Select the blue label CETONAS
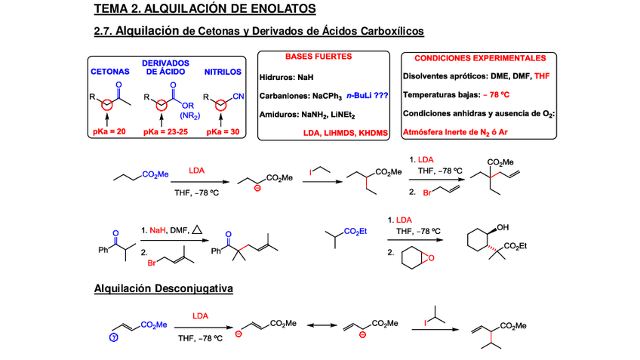coord(110,72)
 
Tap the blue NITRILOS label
coord(223,72)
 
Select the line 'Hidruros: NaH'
coord(285,76)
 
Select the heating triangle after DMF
coord(197,229)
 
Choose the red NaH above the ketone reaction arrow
coord(157,229)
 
